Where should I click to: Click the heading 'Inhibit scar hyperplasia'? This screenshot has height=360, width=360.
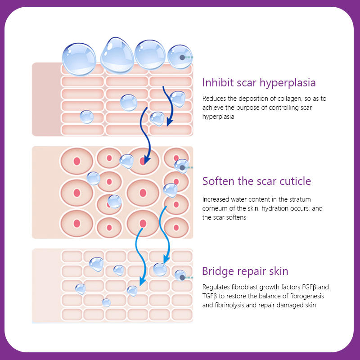coord(259,83)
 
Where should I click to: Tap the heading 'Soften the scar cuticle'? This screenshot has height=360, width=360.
coord(256,181)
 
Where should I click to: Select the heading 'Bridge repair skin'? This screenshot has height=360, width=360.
coord(245,271)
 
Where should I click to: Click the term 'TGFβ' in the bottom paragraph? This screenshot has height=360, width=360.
coord(209,296)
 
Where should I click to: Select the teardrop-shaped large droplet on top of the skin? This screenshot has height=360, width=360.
coord(117,56)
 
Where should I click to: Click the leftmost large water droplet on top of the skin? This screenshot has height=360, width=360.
coord(79,59)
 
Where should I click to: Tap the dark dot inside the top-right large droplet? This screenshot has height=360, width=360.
coord(182,58)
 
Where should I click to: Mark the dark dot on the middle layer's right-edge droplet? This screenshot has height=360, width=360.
coord(182,167)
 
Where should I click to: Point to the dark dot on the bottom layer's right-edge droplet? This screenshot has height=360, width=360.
coord(183,278)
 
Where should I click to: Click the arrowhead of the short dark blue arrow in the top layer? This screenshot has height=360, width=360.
coord(170,122)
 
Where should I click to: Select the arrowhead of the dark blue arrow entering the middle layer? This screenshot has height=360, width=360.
coord(147,160)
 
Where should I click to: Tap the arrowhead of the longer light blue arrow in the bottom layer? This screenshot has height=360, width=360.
coord(142,282)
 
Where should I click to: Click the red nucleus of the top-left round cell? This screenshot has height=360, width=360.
coord(77,161)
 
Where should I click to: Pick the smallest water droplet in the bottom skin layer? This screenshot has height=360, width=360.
coord(106,302)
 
